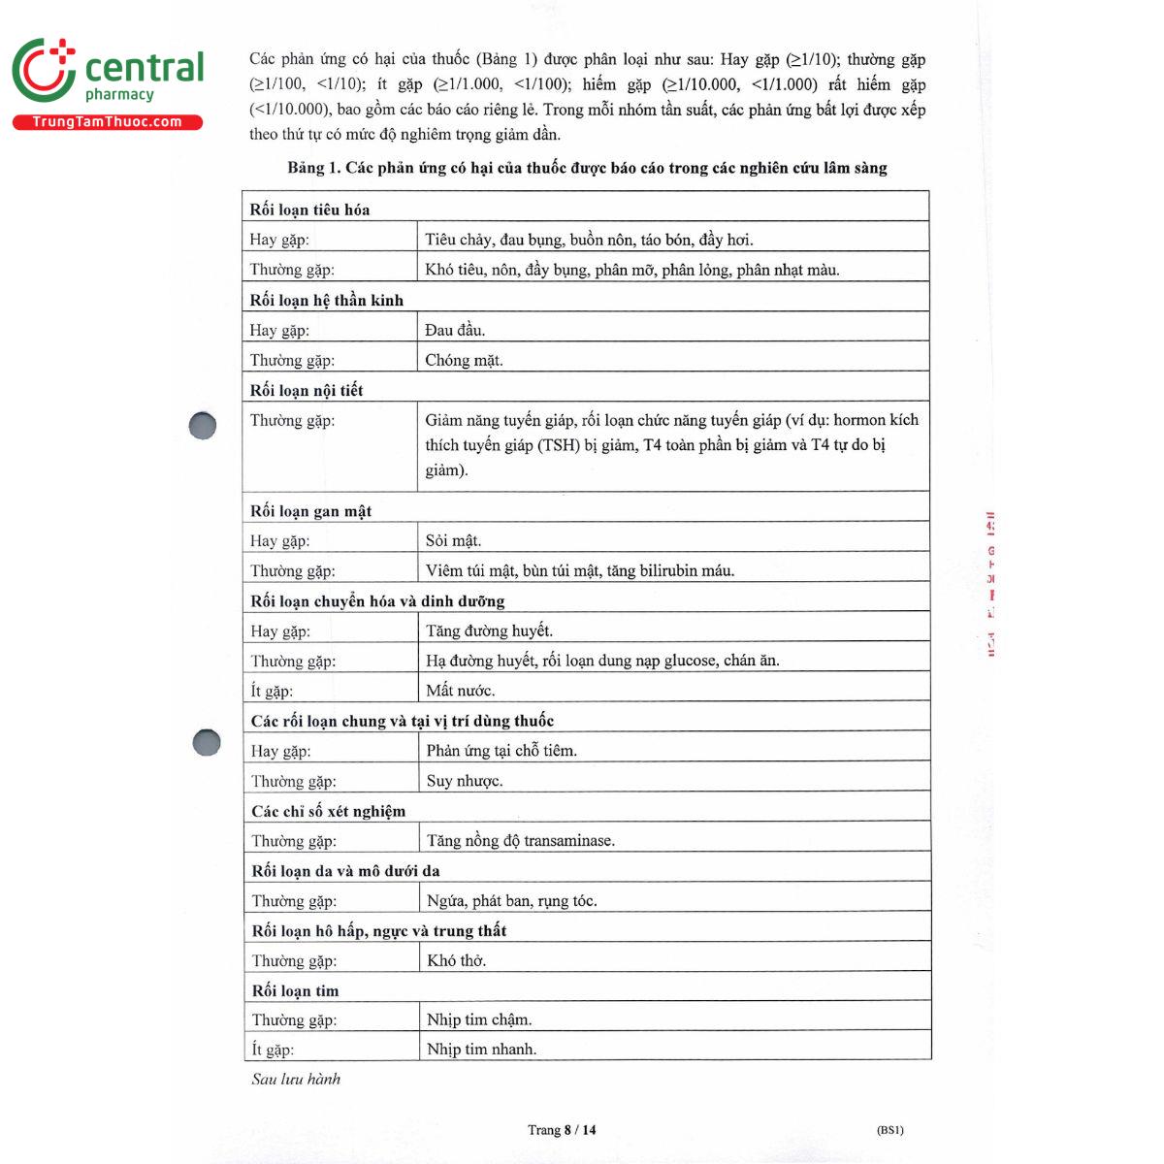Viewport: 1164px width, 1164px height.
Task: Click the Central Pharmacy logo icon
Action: (x=44, y=69)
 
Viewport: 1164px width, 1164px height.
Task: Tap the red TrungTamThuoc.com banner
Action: (x=107, y=122)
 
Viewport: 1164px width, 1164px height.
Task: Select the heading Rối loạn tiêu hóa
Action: (x=309, y=210)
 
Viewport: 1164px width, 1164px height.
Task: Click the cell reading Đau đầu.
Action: (x=455, y=330)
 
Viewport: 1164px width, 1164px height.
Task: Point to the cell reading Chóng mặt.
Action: (x=464, y=360)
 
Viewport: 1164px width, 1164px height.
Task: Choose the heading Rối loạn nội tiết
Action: (x=307, y=390)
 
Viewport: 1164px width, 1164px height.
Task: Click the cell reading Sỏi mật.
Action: (x=453, y=540)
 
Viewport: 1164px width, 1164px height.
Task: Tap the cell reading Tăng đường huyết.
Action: (x=489, y=630)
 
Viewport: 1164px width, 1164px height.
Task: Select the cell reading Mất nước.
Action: (x=460, y=691)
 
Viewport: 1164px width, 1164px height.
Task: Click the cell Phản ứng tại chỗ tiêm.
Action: (x=501, y=750)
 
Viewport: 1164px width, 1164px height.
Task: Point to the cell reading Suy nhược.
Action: (x=465, y=781)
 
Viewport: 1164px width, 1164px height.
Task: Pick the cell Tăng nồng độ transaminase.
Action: (x=521, y=840)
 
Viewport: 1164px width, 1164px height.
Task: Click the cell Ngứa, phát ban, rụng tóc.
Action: (x=511, y=900)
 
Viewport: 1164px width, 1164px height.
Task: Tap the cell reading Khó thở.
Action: (x=456, y=960)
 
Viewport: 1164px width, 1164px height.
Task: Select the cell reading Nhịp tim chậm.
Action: (x=479, y=1019)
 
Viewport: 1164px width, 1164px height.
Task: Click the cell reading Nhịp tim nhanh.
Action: (x=481, y=1049)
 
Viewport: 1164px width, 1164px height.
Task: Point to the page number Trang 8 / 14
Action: (x=562, y=1129)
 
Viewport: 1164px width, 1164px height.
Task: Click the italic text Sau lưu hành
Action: (x=296, y=1079)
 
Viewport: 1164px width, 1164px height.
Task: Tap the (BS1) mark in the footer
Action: (x=889, y=1129)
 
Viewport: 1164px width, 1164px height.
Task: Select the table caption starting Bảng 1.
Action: (x=587, y=168)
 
